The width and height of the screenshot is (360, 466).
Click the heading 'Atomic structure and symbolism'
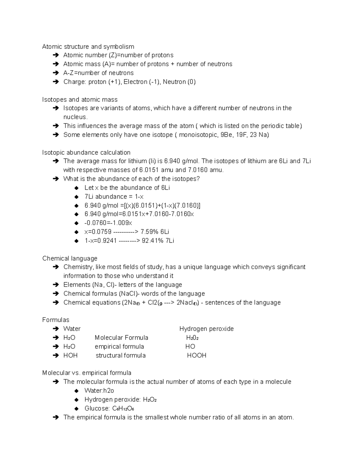88,47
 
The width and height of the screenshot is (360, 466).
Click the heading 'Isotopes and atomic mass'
80,100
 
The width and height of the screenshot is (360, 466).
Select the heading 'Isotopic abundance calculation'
86,152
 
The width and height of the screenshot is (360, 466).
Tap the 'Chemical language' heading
70,258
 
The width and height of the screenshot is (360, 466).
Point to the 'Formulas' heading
55,320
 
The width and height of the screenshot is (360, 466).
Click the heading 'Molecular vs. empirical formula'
87,373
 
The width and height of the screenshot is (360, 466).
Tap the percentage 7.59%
149,232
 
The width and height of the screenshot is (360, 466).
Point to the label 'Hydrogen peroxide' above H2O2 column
206,329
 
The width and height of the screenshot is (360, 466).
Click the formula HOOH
196,356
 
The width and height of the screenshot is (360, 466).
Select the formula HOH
70,356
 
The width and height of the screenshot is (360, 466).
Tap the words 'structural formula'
121,356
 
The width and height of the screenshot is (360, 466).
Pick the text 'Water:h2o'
99,391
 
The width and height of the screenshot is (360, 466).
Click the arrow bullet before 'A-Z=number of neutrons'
55,73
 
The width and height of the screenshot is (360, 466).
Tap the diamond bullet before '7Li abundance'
77,197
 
